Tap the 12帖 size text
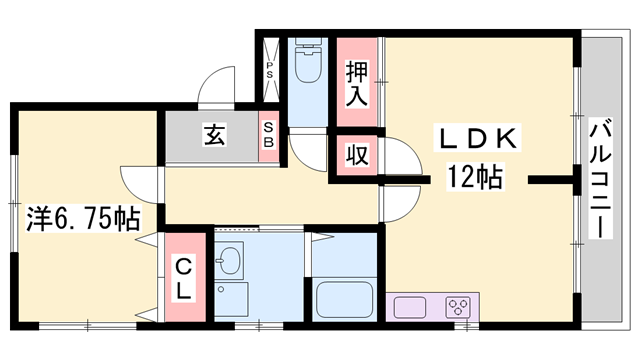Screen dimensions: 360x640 [475, 179]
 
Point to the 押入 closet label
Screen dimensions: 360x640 [357, 83]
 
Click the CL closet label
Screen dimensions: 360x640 [185, 279]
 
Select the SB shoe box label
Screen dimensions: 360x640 [269, 135]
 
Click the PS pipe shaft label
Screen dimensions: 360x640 [270, 71]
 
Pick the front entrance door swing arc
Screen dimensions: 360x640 [217, 84]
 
